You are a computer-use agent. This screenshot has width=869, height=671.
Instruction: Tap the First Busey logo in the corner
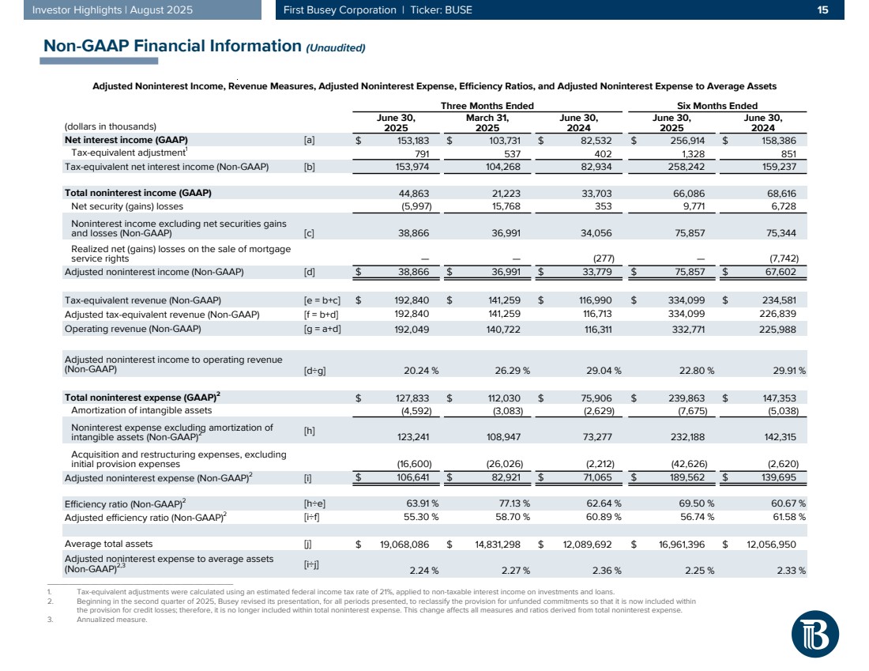[815, 635]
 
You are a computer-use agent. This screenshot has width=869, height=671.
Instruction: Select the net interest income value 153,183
[408, 139]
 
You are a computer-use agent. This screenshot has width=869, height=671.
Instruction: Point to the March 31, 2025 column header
[487, 123]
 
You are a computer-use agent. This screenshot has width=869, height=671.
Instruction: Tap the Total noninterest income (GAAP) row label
[137, 193]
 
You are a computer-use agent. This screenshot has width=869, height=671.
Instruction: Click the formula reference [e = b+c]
[322, 300]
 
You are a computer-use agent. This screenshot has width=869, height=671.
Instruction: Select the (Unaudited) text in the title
[335, 47]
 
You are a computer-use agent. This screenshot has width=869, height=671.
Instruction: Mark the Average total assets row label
[108, 544]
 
